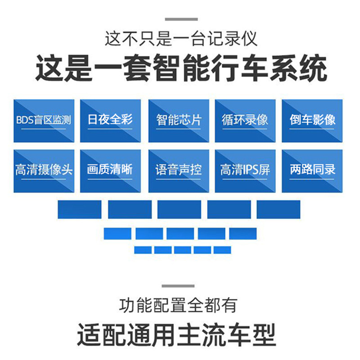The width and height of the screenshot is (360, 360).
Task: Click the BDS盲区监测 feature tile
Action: coord(44,121)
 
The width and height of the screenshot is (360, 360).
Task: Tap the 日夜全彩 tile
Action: coord(110,121)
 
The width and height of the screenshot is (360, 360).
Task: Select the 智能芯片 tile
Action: coord(179,121)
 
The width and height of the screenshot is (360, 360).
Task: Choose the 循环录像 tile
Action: coord(245,121)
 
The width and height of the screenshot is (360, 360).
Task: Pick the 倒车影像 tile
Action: coord(312,121)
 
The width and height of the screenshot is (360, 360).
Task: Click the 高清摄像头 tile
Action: coord(44,171)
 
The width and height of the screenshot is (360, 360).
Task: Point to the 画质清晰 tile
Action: coord(110,171)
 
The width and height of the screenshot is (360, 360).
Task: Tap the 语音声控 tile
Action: coord(179,171)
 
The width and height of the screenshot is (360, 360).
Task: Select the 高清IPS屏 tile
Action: coord(245,171)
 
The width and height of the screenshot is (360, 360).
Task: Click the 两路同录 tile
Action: coord(312,171)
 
